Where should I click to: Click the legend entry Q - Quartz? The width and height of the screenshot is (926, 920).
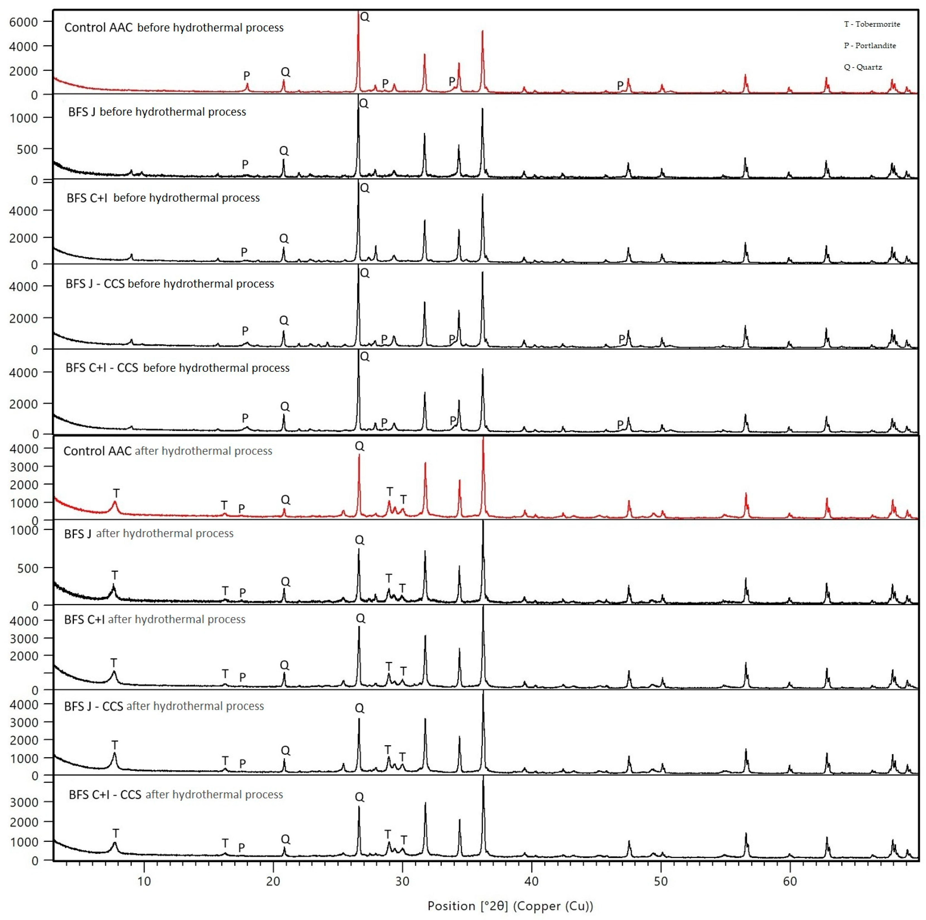pos(863,67)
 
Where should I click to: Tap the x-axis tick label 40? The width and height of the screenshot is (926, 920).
pos(531,881)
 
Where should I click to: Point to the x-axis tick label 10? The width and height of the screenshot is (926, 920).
pos(144,881)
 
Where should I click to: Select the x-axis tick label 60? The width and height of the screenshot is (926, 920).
pos(789,881)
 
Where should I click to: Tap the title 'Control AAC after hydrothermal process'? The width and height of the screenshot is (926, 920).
pos(167,451)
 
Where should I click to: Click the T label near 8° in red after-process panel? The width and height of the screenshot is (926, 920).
pos(116,493)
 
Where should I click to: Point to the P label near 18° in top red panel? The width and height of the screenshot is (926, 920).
pos(246,75)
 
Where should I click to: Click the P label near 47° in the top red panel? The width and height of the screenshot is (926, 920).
pos(620,85)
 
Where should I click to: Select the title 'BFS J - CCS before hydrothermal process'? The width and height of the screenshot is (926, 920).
pos(169,284)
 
